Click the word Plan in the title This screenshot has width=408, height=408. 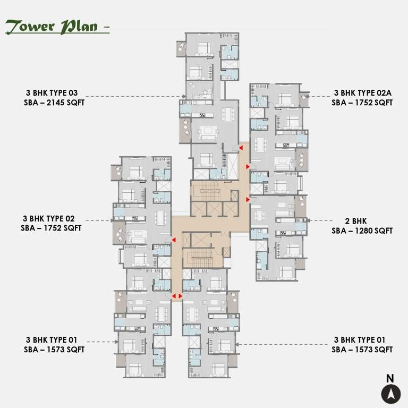tap(80, 27)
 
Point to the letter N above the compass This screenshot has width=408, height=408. tap(390, 379)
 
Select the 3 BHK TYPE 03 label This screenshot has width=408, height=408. tap(51, 92)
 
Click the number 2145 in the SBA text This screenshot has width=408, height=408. tap(56, 102)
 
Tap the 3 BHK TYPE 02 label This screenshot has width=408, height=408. tap(49, 218)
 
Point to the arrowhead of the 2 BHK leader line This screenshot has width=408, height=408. tap(309, 220)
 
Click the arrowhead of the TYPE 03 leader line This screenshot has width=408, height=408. tap(184, 97)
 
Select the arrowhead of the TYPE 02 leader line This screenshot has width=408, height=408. tap(113, 220)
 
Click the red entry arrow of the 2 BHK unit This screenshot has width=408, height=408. tap(248, 199)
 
